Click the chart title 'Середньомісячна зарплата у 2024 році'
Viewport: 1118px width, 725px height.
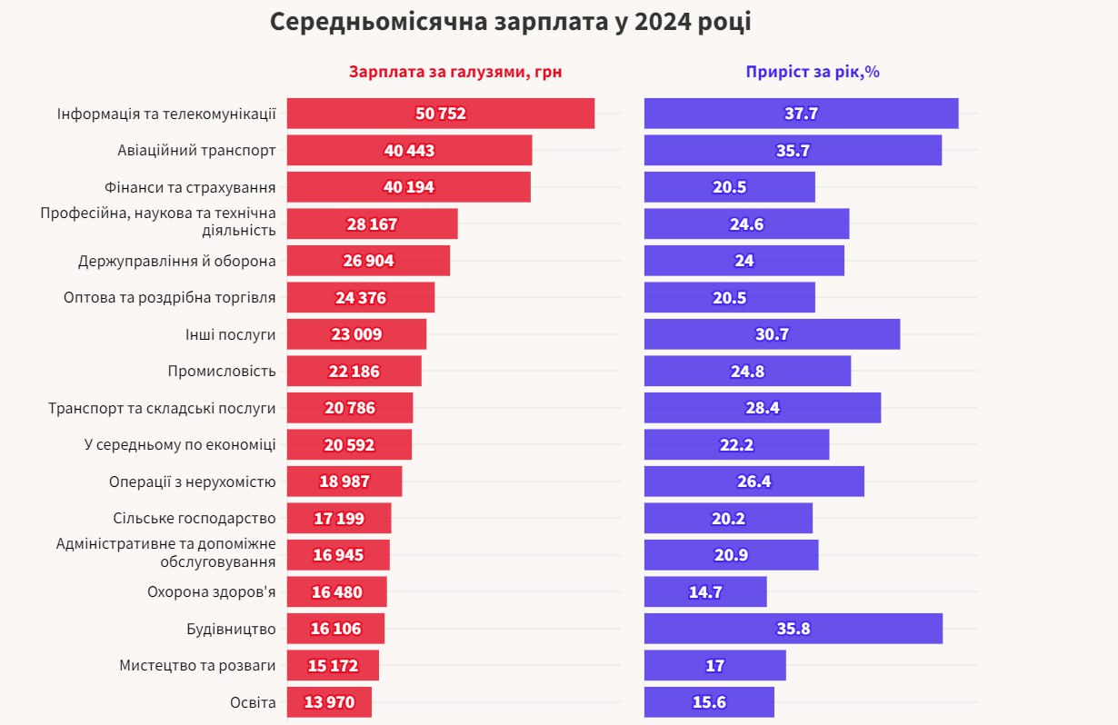tap(510, 23)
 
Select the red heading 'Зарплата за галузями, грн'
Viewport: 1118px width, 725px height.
tap(455, 73)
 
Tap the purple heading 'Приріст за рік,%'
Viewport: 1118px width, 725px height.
tap(812, 73)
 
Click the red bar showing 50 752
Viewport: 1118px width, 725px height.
tap(441, 114)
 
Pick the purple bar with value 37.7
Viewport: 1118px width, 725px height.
tap(801, 114)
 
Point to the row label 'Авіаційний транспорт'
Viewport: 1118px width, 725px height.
tap(196, 151)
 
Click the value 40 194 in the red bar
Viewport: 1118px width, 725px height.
tap(409, 187)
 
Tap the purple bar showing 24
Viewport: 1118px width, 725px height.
tap(744, 261)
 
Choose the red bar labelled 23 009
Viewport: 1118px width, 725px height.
tap(356, 334)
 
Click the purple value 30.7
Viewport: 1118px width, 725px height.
tap(772, 334)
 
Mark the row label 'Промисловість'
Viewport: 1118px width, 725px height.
tap(221, 372)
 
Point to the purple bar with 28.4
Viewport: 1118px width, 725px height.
tap(762, 408)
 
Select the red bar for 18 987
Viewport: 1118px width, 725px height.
tap(344, 482)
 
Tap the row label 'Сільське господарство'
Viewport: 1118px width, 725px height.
tap(194, 519)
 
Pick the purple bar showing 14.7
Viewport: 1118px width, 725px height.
tap(705, 592)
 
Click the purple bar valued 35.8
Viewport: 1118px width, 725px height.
tap(793, 629)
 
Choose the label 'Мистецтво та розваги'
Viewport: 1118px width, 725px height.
tap(196, 666)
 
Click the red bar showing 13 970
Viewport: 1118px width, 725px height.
tap(329, 702)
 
